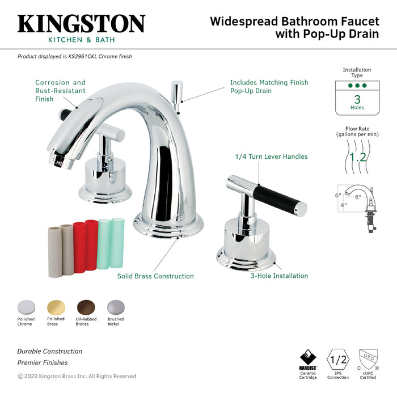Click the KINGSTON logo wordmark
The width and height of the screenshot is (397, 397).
pyautogui.click(x=81, y=24)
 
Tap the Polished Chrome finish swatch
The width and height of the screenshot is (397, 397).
pyautogui.click(x=26, y=306)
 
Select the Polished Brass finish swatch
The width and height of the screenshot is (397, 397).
pyautogui.click(x=56, y=306)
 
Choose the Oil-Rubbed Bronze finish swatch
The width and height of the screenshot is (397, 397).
pyautogui.click(x=85, y=306)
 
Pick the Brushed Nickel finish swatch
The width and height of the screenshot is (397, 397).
pyautogui.click(x=115, y=306)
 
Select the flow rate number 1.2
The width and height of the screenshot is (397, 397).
pyautogui.click(x=357, y=157)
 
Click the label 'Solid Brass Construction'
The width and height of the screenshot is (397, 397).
pyautogui.click(x=155, y=276)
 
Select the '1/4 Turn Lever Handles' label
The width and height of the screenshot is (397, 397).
pyautogui.click(x=271, y=157)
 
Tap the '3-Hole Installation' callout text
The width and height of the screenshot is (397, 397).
pyautogui.click(x=279, y=276)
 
